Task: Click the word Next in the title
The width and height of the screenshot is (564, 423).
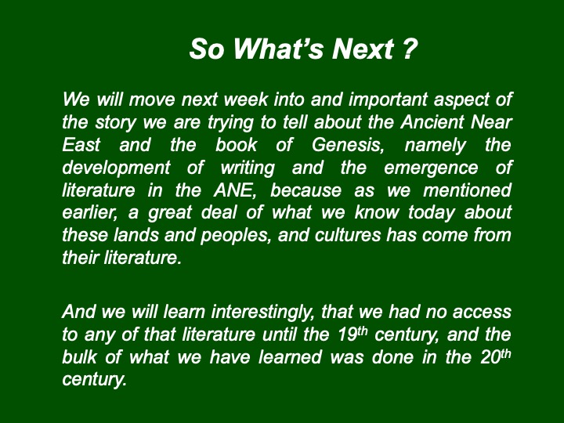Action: [363, 49]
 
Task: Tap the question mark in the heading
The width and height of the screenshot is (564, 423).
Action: [410, 49]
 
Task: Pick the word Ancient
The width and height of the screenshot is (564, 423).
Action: [432, 122]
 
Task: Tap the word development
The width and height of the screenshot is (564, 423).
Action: [116, 168]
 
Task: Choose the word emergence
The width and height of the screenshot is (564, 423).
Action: [431, 168]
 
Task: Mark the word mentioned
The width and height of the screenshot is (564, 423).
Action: [467, 190]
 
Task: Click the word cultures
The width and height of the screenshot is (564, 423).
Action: [348, 235]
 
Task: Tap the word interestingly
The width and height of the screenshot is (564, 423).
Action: [262, 313]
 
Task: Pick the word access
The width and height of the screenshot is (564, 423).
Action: [482, 313]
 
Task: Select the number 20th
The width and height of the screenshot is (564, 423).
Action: [496, 356]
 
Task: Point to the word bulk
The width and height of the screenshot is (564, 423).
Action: [79, 357]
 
